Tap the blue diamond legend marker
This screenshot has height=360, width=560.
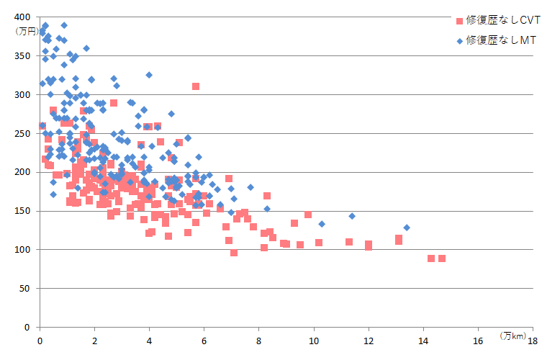(459, 41)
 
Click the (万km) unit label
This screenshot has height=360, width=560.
(512, 336)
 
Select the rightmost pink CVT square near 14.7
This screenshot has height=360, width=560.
(442, 258)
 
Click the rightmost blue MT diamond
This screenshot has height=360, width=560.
(407, 228)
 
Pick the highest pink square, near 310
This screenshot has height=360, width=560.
(196, 86)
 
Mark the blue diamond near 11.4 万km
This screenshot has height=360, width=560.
(352, 216)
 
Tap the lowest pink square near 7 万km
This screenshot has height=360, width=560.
(234, 253)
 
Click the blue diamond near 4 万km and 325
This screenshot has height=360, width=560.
(149, 75)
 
